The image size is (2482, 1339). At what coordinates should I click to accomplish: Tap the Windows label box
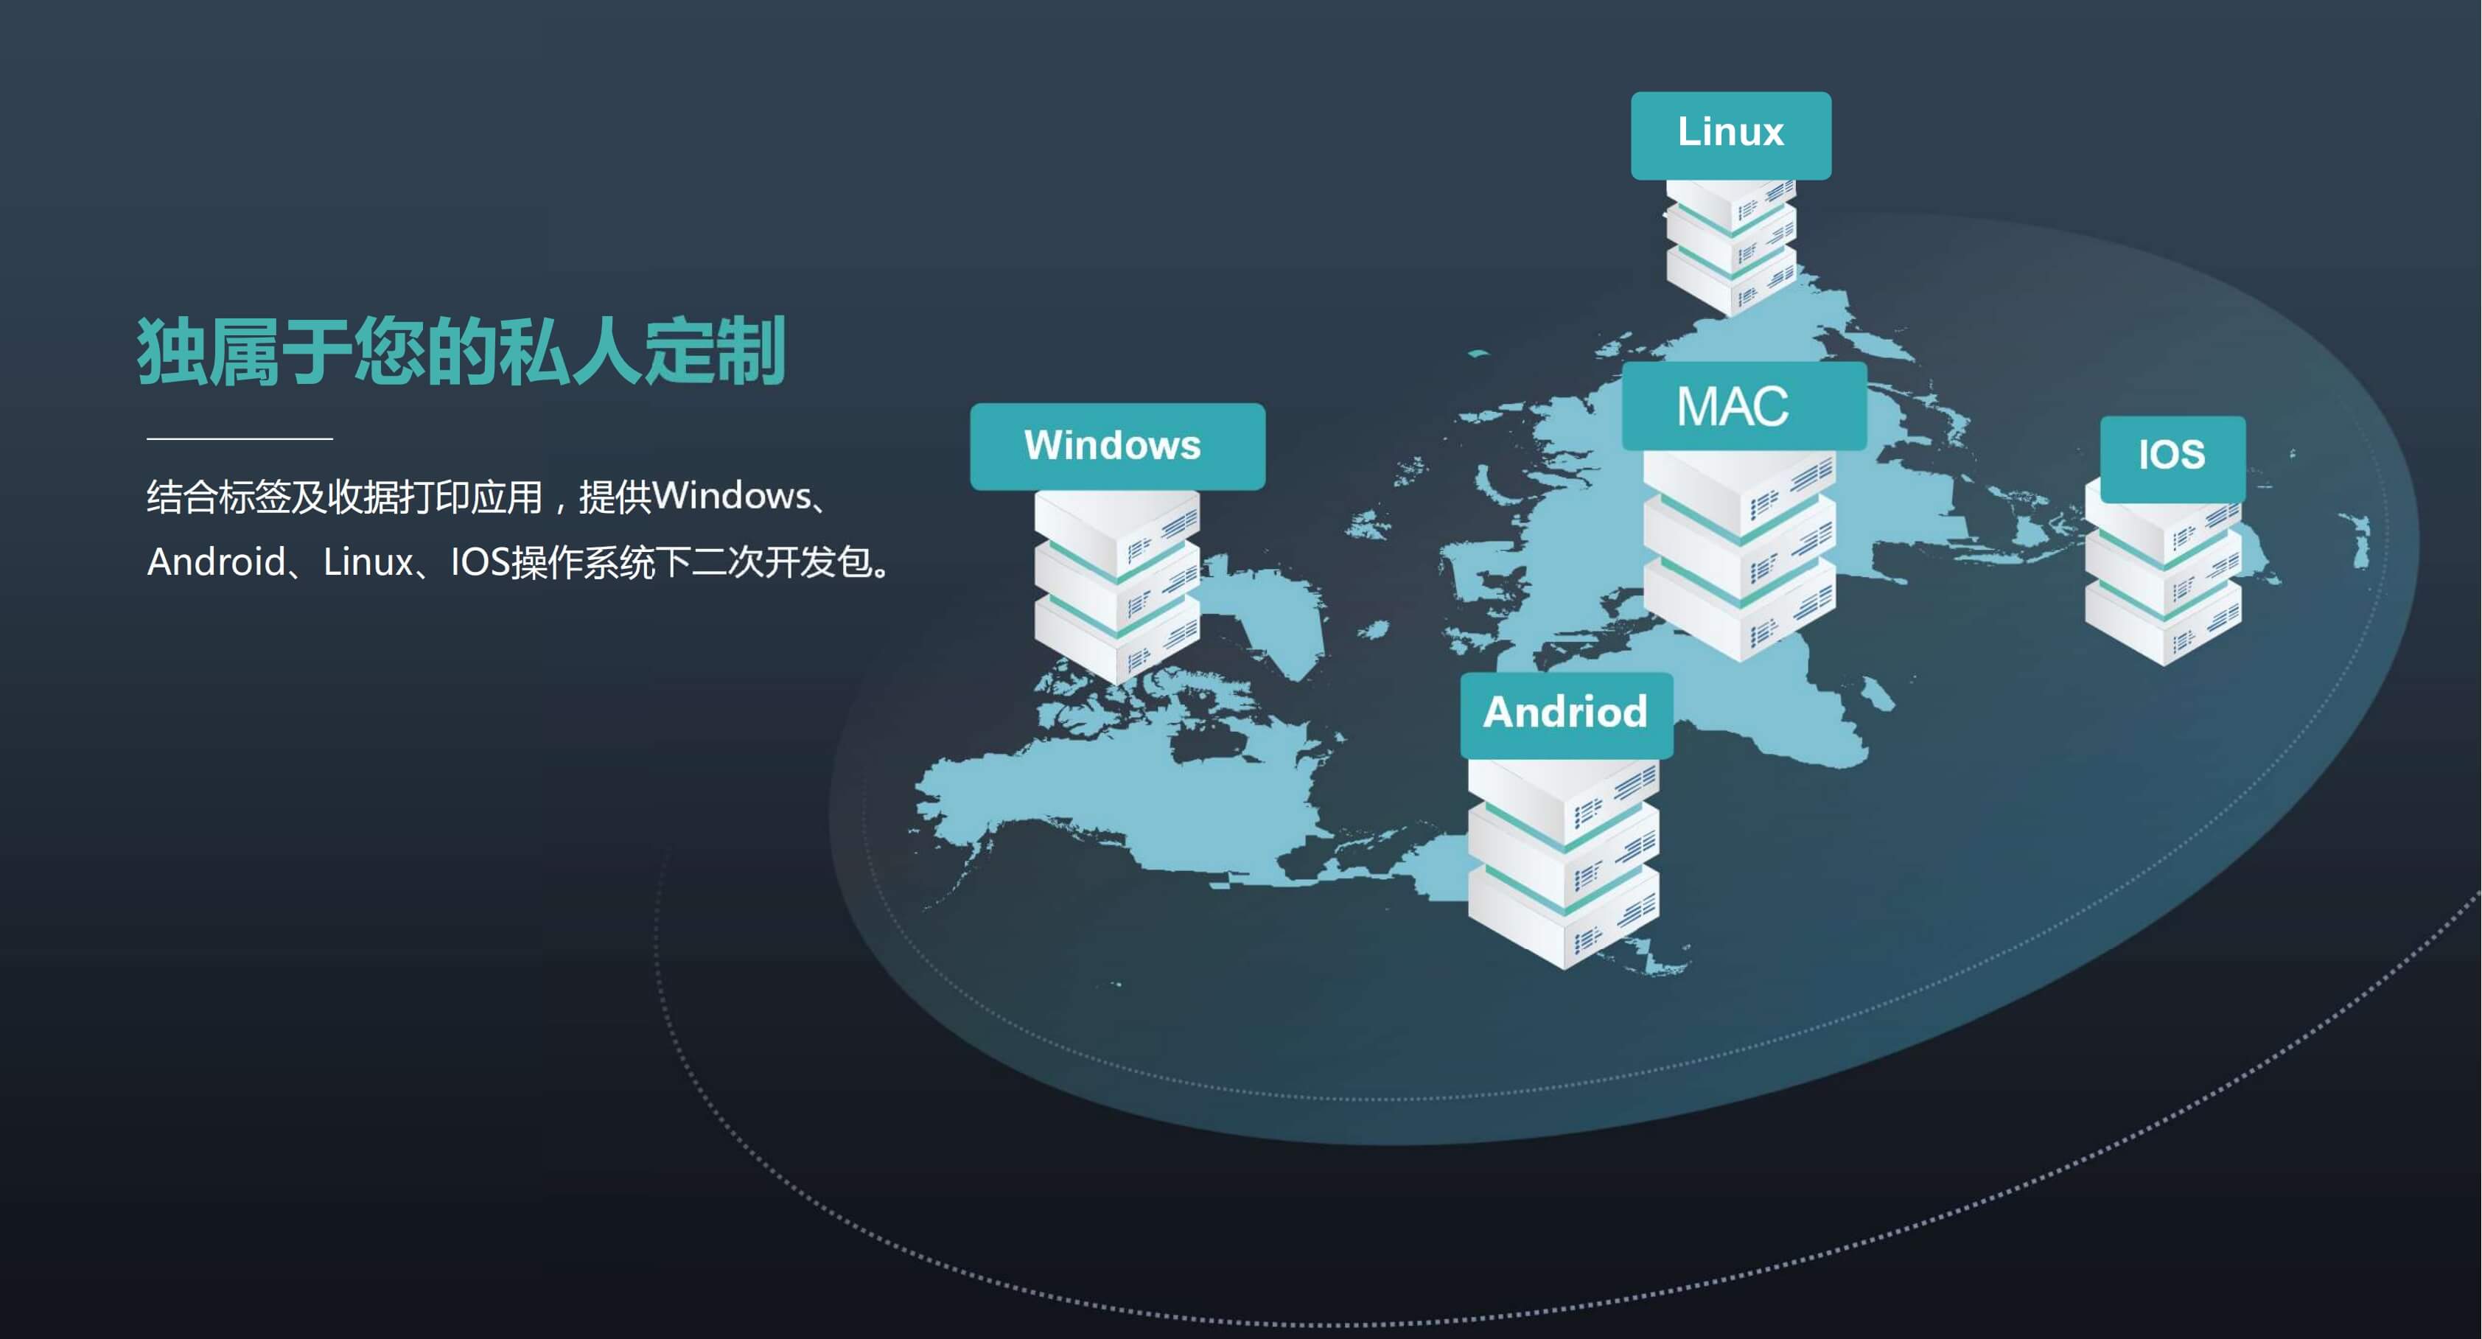[1116, 446]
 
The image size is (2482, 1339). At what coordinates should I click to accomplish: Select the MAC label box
[1743, 405]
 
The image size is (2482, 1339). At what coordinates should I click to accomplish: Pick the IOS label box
[2172, 457]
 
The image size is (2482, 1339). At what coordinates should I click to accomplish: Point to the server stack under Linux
[1730, 245]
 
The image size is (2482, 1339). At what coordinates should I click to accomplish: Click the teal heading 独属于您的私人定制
[461, 352]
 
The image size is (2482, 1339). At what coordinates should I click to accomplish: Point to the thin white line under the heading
[240, 438]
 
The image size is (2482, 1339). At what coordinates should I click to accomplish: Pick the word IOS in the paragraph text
[479, 562]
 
